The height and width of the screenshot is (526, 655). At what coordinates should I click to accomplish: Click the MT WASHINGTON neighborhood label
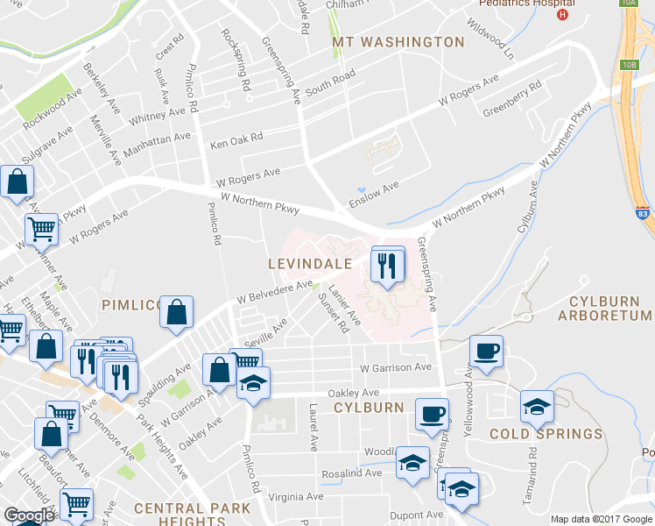coord(398,42)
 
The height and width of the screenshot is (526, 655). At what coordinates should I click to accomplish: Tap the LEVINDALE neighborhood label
coord(310,263)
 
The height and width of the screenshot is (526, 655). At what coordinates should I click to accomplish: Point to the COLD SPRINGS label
coord(546,434)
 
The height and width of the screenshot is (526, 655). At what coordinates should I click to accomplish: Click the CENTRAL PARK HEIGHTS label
coord(193,515)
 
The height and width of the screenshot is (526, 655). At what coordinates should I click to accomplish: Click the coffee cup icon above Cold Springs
coord(486,351)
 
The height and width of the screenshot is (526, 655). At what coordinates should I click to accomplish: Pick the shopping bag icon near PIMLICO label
coord(177,311)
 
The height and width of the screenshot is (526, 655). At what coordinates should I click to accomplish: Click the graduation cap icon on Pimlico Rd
coord(253,383)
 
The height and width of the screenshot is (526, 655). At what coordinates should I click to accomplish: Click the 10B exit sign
coord(629,65)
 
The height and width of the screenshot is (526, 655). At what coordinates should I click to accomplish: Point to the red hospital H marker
coord(563,14)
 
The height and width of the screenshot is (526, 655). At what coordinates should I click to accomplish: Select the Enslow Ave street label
coord(374,194)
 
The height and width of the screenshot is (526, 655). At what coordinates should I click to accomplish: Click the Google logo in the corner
coord(28,515)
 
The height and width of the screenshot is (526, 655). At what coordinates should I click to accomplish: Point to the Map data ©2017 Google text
coord(601,519)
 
